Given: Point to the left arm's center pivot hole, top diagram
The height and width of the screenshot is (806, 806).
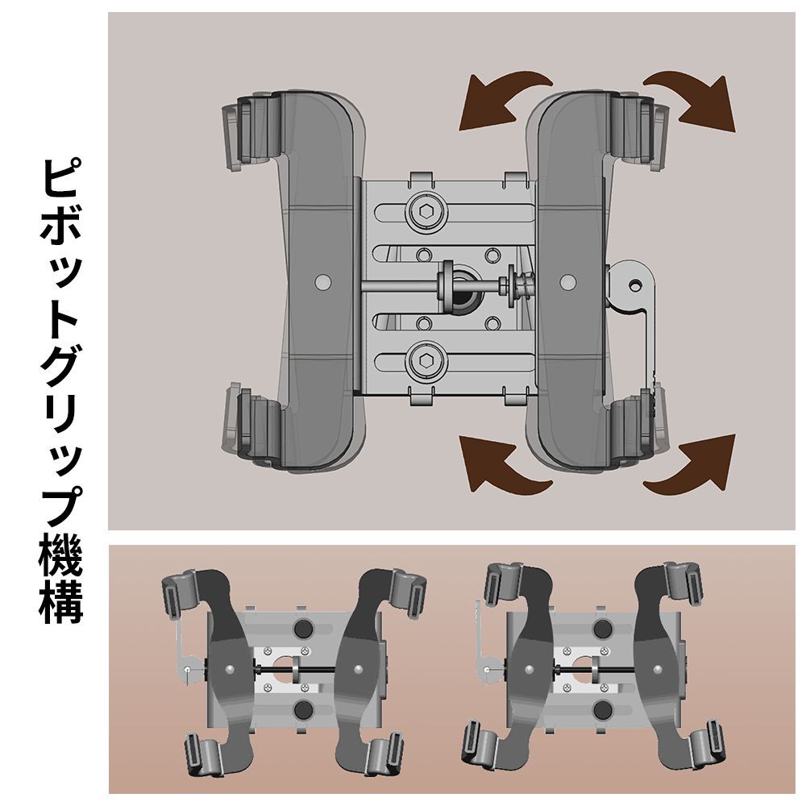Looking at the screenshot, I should [x=323, y=282].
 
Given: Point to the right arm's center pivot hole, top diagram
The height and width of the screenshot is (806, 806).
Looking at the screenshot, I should [x=569, y=282].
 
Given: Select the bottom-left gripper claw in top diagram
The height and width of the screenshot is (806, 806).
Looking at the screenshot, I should [x=242, y=427].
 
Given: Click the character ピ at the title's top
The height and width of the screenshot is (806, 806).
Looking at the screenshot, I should [x=61, y=181].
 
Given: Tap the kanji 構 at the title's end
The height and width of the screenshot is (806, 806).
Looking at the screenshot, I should [x=61, y=600].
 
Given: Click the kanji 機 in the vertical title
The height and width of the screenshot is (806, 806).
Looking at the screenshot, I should [x=61, y=552].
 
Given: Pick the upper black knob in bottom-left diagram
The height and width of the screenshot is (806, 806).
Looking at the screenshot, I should [x=304, y=629].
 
